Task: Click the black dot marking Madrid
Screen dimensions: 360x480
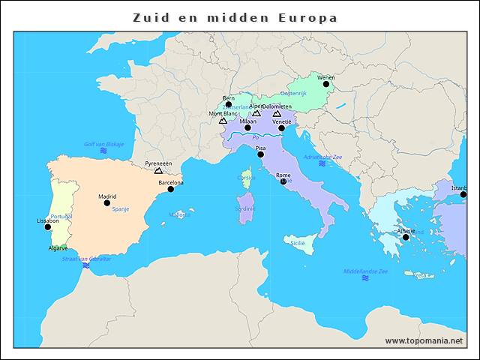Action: [x=106, y=203]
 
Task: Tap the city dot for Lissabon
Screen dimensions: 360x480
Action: [x=48, y=227]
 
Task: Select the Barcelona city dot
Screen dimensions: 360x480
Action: [x=170, y=189]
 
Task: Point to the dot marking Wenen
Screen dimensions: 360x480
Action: [x=325, y=84]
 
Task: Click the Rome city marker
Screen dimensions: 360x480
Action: [x=283, y=181]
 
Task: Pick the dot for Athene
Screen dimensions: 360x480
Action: [x=406, y=237]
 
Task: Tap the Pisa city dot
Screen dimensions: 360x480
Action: [x=260, y=154]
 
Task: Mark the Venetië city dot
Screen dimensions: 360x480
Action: [x=282, y=128]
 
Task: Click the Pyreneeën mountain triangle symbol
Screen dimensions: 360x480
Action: [x=158, y=171]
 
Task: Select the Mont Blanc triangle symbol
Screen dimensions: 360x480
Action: [x=223, y=121]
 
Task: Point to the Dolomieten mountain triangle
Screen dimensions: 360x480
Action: [x=287, y=114]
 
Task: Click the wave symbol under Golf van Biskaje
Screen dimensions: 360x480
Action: [x=103, y=151]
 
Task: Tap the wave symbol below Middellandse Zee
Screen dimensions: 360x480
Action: [x=365, y=278]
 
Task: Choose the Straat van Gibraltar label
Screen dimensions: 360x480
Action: [x=86, y=259]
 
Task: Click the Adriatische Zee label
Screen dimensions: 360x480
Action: [x=322, y=157]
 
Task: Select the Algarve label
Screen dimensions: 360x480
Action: [x=58, y=247]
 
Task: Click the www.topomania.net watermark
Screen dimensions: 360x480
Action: [x=424, y=340]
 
